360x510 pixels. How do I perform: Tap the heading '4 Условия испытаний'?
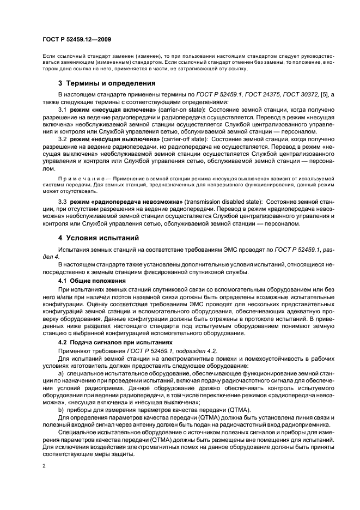(99, 238)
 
